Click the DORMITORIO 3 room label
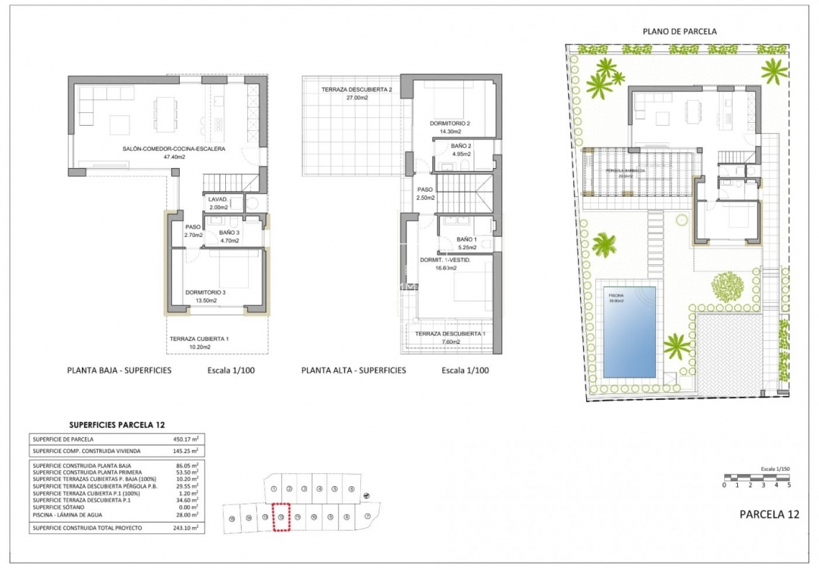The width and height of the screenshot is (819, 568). tap(206, 292)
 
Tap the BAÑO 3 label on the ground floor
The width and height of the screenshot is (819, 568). tap(229, 233)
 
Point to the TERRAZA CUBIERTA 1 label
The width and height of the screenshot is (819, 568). tap(199, 339)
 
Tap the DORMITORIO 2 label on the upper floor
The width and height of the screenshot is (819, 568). tap(450, 123)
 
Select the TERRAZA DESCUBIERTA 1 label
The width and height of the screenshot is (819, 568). tap(450, 334)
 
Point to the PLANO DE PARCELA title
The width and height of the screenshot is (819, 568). tap(679, 31)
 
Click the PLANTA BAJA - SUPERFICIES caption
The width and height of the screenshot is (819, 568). tap(119, 370)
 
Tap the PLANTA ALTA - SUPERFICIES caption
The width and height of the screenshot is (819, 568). tap(353, 370)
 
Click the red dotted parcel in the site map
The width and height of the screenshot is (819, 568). tap(281, 518)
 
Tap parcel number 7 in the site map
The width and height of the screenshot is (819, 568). tap(367, 517)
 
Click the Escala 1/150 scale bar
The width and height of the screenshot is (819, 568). tap(757, 477)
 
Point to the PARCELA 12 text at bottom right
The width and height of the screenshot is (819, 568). tap(769, 514)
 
